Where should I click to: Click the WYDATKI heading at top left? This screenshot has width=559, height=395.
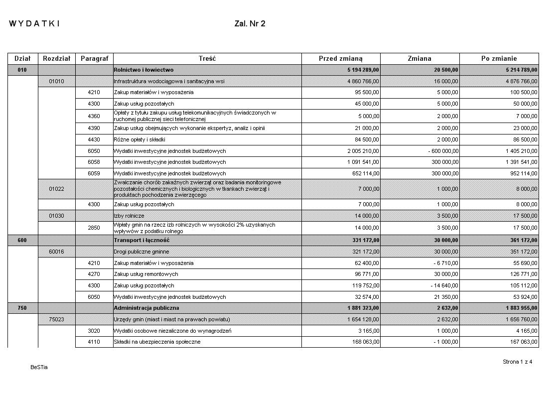[x=34, y=24]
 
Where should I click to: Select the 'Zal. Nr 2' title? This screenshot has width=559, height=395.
[x=250, y=24]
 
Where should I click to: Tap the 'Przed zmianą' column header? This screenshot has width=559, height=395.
[x=341, y=59]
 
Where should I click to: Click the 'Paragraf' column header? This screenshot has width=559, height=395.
[x=94, y=59]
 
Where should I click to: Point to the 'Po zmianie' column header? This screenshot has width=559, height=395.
[x=499, y=59]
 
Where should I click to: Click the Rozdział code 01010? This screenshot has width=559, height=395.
[x=56, y=81]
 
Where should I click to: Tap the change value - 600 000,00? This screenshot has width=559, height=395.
[x=441, y=151]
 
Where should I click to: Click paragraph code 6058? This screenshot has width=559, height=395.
[x=94, y=162]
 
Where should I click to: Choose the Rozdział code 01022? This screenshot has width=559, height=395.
[x=56, y=189]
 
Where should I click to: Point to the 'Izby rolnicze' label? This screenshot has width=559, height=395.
[x=129, y=216]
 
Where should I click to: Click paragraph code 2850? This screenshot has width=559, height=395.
[x=94, y=228]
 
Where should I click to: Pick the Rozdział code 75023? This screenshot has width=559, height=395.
[x=56, y=319]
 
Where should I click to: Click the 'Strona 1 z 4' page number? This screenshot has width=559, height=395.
[x=517, y=362]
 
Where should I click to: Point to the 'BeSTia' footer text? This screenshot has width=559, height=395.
[x=39, y=368]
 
